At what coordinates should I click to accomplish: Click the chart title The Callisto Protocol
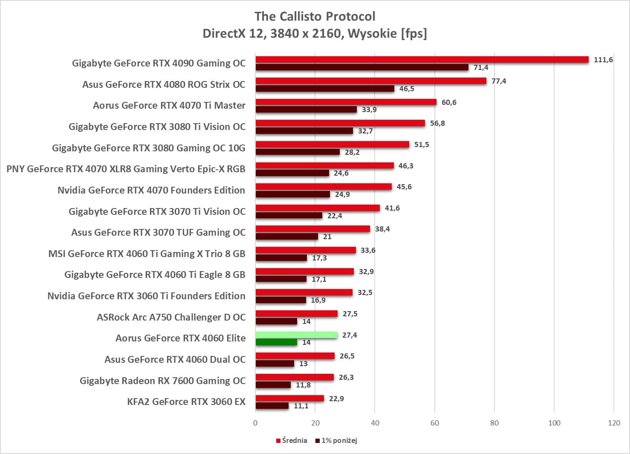click(315, 17)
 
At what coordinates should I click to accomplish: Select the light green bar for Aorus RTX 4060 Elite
click(296, 335)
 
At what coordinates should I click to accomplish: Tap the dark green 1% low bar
click(276, 342)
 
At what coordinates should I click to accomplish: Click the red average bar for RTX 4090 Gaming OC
click(422, 60)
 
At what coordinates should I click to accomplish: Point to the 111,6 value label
click(603, 60)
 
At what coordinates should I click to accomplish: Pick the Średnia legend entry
click(292, 440)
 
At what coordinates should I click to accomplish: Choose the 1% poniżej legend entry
click(336, 440)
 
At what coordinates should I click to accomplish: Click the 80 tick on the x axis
click(494, 423)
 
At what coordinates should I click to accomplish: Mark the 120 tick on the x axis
click(614, 423)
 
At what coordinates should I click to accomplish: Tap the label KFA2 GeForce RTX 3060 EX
click(186, 402)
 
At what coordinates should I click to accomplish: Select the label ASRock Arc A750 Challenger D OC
click(171, 317)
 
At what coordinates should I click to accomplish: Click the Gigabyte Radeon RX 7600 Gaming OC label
click(162, 381)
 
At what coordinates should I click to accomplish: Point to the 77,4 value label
click(499, 81)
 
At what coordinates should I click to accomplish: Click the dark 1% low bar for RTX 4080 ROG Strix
click(325, 89)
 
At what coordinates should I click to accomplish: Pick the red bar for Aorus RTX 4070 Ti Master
click(346, 102)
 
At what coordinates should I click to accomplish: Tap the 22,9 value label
click(336, 399)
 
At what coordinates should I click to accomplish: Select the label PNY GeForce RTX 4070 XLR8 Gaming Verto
click(126, 169)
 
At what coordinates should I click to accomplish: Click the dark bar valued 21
click(287, 237)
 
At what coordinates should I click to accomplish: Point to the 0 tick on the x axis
click(255, 423)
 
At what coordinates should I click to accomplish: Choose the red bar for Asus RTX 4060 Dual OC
click(295, 356)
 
